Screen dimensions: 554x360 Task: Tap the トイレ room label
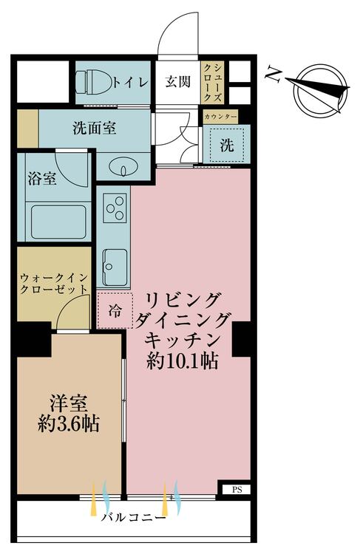(131, 83)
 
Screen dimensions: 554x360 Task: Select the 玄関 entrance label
(178, 82)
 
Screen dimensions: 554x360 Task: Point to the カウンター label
(220, 117)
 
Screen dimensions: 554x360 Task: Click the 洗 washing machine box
(226, 145)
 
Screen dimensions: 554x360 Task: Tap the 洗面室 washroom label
(94, 127)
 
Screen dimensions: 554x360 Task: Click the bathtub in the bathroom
(57, 219)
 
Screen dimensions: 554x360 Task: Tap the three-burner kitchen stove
(115, 208)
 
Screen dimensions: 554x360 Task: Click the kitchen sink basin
(115, 262)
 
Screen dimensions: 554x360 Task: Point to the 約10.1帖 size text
(181, 362)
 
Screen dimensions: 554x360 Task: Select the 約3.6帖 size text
(69, 425)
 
